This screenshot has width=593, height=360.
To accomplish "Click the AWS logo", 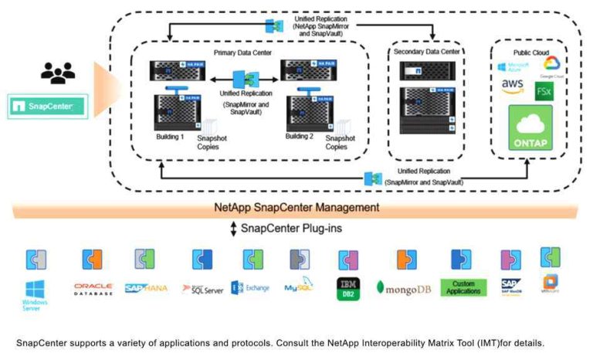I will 513,86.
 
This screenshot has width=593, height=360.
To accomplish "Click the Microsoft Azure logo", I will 513,66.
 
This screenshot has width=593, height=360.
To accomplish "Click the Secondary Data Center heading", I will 425,51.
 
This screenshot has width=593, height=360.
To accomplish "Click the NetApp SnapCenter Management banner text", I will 296,207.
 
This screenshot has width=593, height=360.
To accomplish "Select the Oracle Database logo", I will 93,288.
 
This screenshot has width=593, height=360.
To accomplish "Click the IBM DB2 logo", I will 347,289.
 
